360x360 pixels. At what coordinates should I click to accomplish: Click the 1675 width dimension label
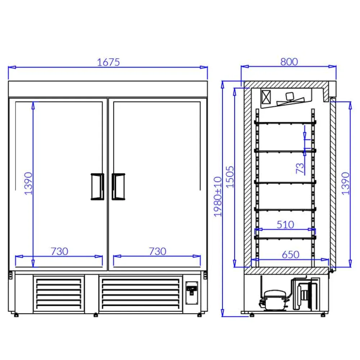108,62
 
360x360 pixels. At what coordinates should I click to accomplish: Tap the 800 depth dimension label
289,62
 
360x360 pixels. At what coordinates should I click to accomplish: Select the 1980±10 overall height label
218,197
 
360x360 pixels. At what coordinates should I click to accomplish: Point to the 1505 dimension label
230,177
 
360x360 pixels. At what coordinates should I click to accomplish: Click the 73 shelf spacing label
300,168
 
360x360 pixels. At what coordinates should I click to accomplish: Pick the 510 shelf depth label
285,225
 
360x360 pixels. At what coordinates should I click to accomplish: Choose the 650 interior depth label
291,255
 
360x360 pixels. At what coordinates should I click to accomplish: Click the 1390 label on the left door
28,184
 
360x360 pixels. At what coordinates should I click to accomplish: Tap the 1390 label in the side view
345,184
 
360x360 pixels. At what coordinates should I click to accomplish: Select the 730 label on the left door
59,251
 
